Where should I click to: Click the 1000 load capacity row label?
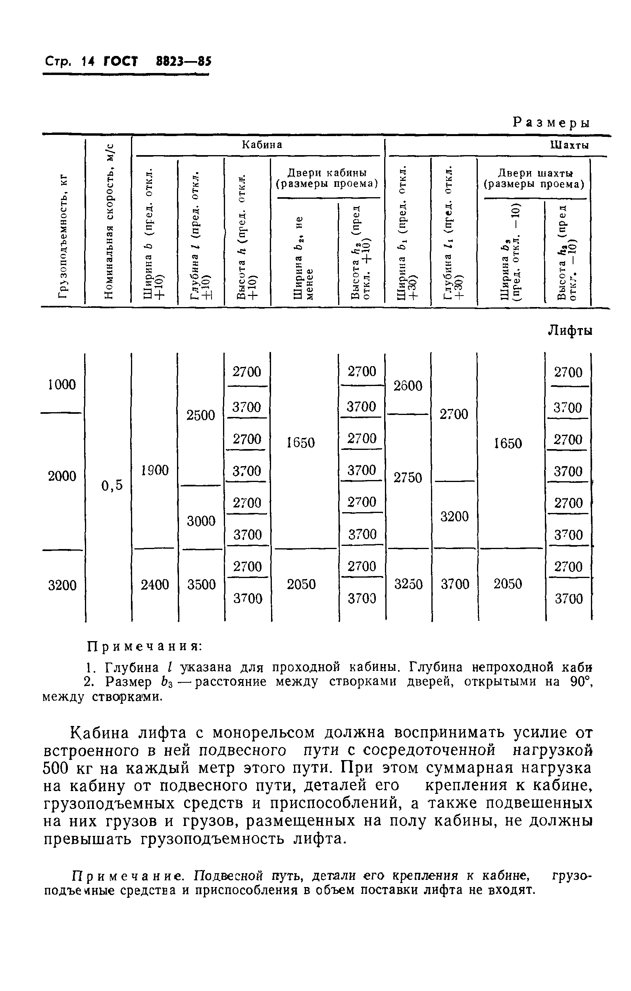pos(62,385)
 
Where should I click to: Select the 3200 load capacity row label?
pos(62,585)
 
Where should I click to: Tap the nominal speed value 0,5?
pos(112,486)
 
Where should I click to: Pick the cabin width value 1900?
pos(155,470)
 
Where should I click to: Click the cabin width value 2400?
pos(155,584)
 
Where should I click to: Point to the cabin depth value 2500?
pos(201,415)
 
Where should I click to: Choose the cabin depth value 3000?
pos(201,521)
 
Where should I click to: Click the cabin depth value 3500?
pos(201,584)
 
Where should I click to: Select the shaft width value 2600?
pos(408,386)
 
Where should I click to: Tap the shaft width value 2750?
pos(408,477)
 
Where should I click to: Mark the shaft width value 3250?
pos(408,584)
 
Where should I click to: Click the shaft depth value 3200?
pos(454,516)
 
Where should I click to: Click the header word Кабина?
pos(262,145)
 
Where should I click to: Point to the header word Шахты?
pos(569,145)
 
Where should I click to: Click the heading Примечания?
pos(144,647)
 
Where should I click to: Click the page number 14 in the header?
pos(88,62)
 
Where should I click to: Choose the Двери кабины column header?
pos(326,178)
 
